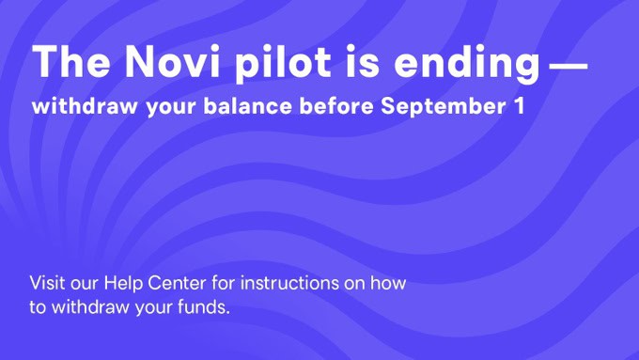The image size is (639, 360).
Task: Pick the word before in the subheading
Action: coord(336,106)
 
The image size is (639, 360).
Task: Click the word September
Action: coord(445,107)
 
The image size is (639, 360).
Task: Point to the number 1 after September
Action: coord(519,106)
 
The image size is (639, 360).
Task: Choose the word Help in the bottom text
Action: coord(122,283)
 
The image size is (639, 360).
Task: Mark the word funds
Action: coord(206,306)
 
